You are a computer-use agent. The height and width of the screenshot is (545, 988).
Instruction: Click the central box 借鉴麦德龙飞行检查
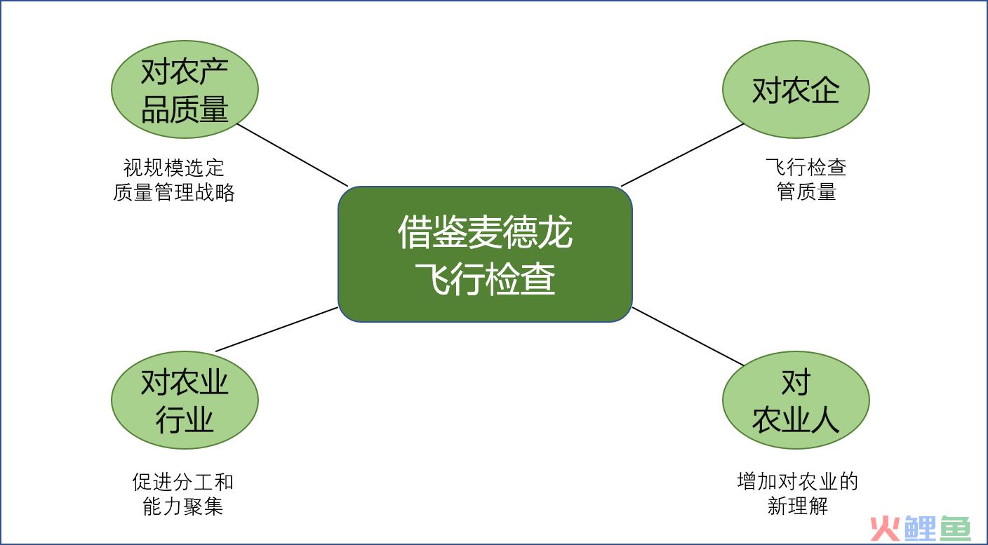point(485,254)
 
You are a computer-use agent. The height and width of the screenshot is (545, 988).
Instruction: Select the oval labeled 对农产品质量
point(185,89)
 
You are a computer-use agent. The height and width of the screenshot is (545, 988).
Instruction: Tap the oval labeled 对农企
point(796,89)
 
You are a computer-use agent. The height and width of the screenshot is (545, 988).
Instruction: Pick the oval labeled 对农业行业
point(185,400)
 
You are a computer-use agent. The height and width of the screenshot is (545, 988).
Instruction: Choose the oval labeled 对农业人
point(796,400)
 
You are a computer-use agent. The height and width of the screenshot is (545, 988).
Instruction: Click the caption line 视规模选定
point(174,168)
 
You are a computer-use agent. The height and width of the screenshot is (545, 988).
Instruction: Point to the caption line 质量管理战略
point(174,192)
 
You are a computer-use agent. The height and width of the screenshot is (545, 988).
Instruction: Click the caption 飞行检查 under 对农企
point(806,167)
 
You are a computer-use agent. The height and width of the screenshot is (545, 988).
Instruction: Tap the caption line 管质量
point(806,191)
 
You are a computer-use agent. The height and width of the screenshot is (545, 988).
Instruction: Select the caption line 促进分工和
point(182,481)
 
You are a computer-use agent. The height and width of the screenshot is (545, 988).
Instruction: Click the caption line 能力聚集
point(182,506)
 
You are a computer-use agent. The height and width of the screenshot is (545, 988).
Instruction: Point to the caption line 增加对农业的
point(797,481)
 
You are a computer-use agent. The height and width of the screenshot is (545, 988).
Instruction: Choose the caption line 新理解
point(797,506)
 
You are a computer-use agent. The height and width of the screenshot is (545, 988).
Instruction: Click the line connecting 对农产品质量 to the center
point(293,155)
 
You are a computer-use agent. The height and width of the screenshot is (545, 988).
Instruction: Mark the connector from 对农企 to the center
point(683,155)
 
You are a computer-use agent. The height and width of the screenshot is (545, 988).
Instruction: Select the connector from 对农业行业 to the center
point(277,330)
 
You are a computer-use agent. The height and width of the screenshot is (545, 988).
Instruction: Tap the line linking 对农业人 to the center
point(688,336)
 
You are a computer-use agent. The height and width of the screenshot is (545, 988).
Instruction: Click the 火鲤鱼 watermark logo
point(921,527)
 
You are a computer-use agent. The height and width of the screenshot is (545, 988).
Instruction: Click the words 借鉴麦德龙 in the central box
point(485,232)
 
